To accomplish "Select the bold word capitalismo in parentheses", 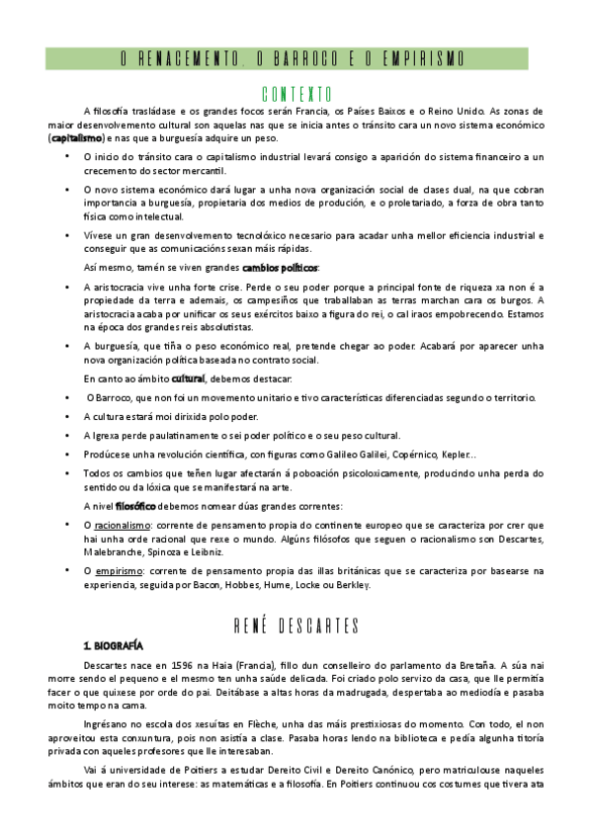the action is (77, 139).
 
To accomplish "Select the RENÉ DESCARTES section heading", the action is (296, 624).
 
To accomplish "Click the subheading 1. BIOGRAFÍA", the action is (114, 644).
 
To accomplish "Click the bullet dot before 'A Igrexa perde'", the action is (67, 436).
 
